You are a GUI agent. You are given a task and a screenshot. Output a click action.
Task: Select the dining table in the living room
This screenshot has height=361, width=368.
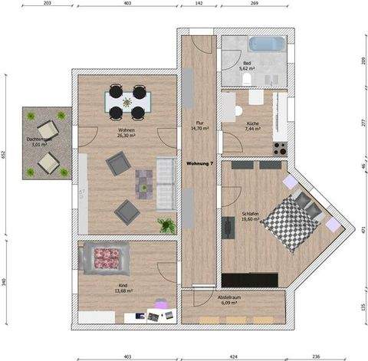click(x=127, y=102)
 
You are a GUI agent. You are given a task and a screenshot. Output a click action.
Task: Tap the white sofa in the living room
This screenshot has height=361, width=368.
click(x=164, y=184)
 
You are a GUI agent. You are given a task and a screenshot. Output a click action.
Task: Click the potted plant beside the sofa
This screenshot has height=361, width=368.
click(x=166, y=225)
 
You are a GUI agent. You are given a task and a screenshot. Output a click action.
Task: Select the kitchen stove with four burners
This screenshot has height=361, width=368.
click(x=280, y=147)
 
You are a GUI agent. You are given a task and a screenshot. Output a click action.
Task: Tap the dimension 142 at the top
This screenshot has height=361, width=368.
click(x=199, y=5)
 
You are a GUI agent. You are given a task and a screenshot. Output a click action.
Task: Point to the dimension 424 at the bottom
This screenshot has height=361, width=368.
click(x=234, y=356)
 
